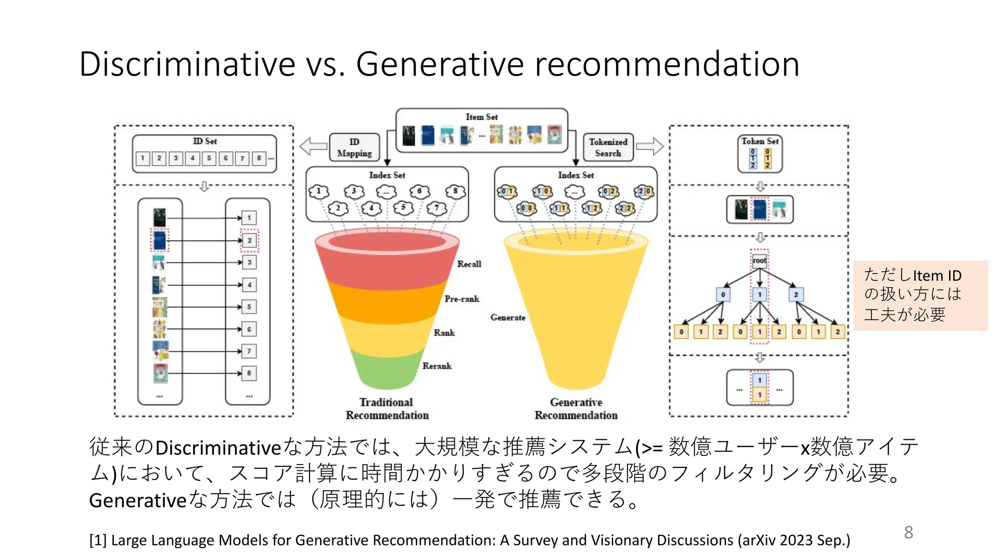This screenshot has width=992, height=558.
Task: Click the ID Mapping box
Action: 355,147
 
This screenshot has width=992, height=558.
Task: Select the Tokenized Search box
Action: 608,147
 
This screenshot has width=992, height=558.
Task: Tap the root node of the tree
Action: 759,261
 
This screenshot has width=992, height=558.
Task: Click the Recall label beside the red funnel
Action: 469,264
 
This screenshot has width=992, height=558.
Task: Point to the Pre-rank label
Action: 462,299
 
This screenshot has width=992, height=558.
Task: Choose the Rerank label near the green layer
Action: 436,366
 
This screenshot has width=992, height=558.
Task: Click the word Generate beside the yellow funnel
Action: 508,317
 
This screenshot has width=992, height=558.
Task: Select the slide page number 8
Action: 908,532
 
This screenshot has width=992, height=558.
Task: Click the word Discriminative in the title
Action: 187,64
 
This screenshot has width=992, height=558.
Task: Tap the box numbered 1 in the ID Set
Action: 142,158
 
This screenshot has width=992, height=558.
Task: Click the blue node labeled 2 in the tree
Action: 796,294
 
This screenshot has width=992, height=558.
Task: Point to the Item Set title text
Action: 481,117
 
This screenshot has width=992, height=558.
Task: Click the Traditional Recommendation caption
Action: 387,409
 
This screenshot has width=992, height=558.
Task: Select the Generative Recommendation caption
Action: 576,409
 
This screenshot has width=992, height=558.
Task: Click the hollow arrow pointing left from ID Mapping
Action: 313,146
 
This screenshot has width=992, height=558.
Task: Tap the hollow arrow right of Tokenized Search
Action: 650,146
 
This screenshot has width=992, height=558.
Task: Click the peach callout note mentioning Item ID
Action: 920,295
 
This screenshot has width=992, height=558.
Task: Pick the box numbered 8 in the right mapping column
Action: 249,373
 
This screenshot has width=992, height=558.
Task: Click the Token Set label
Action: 759,141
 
